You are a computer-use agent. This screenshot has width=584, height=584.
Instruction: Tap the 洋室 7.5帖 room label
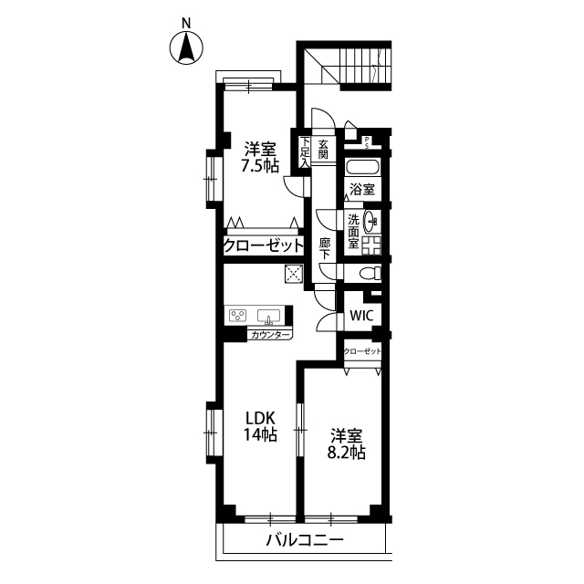point(260,157)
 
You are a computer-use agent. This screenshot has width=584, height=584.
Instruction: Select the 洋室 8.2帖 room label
point(347,444)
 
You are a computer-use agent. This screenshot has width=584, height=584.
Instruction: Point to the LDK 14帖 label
point(260,426)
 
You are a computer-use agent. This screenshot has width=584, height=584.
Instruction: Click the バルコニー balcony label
point(305,540)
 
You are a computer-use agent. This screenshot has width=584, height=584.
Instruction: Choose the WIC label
point(361,316)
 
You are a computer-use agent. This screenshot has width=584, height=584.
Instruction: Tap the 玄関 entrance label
point(323,149)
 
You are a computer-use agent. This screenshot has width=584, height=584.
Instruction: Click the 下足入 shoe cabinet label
point(305,152)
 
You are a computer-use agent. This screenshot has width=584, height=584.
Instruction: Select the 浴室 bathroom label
point(362,190)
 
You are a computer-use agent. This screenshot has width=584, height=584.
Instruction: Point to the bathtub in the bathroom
point(362,167)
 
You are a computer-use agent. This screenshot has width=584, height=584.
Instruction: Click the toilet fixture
point(370,274)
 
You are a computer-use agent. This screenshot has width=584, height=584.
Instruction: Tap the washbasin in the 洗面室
point(371,221)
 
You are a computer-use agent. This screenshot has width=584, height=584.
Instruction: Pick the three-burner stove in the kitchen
point(238,316)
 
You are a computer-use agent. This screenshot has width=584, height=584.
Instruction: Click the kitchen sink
point(268,317)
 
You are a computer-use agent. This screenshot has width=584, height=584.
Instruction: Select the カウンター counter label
point(270,335)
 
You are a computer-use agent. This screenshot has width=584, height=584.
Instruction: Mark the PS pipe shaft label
point(367,142)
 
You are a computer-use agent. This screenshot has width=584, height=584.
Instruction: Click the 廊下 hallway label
point(325,248)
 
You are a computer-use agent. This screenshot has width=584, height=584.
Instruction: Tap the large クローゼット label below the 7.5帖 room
point(264,245)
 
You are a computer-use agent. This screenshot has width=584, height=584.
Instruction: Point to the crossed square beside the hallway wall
point(294,274)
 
